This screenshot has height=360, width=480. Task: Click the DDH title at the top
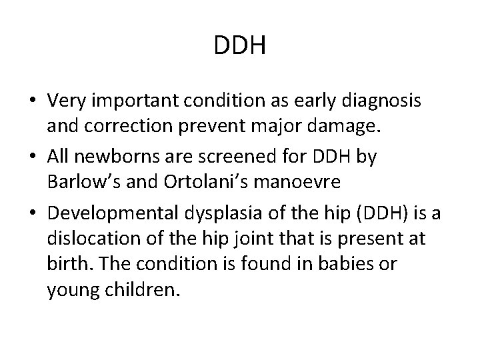tap(241, 47)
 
